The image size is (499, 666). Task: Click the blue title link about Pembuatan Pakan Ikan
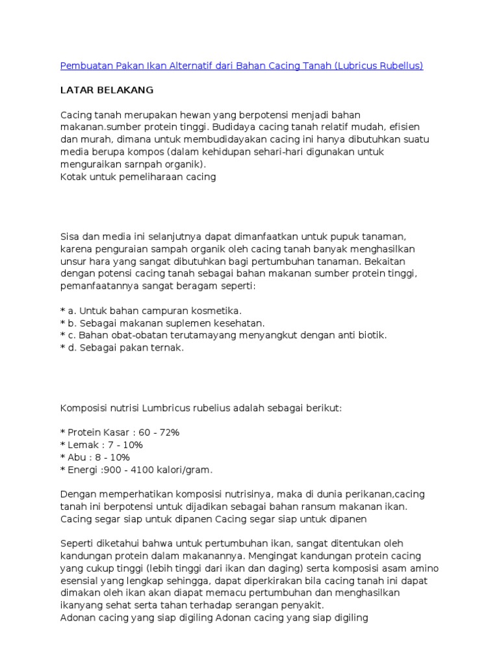[241, 66]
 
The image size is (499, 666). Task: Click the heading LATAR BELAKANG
[107, 90]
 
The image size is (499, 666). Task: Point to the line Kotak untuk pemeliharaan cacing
[138, 176]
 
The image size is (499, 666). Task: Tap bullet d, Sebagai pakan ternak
[122, 347]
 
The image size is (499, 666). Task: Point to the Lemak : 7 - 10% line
[101, 445]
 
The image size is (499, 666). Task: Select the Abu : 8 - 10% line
[95, 457]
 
